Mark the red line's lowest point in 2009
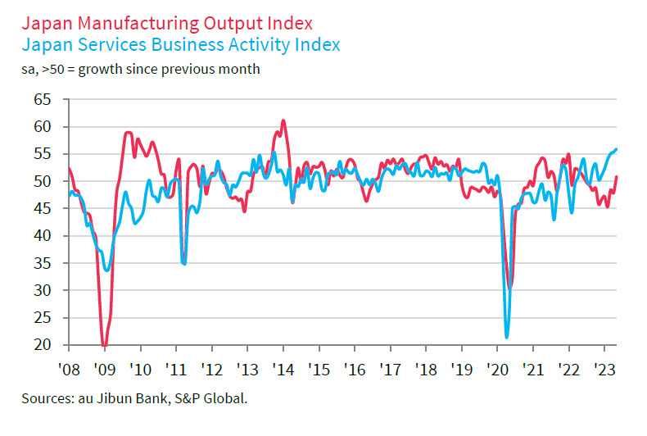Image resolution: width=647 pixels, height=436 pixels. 104,345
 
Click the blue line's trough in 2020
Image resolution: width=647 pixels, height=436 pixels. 507,337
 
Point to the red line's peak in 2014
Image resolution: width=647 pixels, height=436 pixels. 283,121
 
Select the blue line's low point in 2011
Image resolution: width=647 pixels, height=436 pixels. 184,263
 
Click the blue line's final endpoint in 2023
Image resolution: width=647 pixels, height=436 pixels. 617,148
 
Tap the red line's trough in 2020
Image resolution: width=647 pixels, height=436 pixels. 510,288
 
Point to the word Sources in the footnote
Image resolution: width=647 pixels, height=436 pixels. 47,399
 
